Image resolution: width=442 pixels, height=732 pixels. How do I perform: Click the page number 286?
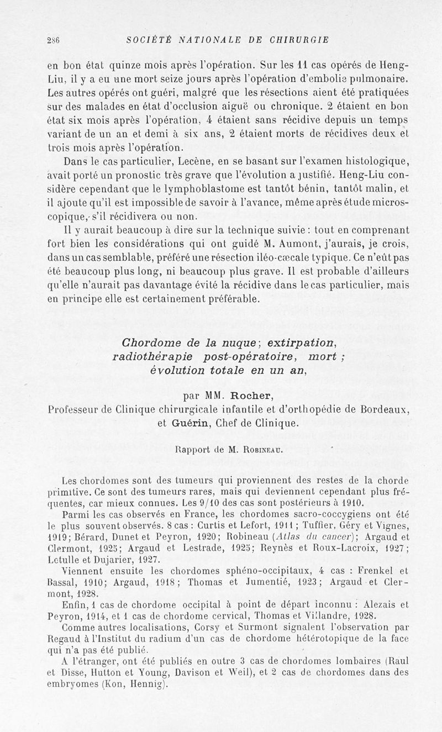click(x=53, y=40)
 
